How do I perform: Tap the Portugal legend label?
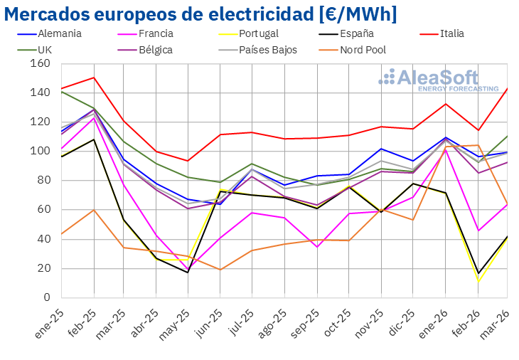point(258,33)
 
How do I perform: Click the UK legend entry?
point(45,50)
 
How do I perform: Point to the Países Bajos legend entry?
point(267,50)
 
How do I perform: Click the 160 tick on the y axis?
point(41,63)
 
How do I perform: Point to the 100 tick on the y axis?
point(41,151)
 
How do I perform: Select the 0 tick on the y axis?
point(46,297)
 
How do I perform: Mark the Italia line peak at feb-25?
point(94,78)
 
